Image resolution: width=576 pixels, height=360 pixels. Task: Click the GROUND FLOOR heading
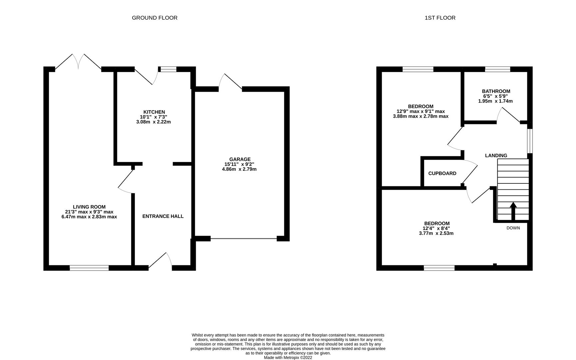pos(155,18)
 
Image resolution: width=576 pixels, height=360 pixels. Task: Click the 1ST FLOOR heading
pos(440,18)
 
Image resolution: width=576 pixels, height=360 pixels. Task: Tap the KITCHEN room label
pos(154,112)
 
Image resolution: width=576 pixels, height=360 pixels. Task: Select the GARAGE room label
pos(240,159)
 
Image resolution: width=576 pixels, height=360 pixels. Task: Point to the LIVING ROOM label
pos(89,207)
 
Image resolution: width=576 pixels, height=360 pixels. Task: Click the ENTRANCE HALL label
pos(163,216)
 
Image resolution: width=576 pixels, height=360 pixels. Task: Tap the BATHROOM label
pos(496,91)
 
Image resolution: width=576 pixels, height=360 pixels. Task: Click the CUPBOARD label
pos(442,173)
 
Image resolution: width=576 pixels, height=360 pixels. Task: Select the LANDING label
pos(496,156)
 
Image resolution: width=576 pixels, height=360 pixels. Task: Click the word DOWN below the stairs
pos(513,228)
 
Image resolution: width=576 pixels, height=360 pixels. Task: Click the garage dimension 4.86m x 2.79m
pos(239,169)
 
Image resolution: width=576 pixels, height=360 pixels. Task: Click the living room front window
pos(89,268)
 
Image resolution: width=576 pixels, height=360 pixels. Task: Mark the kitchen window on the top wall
pos(168,69)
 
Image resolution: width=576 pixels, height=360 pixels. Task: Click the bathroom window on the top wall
pos(497,69)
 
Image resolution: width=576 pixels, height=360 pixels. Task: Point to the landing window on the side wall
pos(530,141)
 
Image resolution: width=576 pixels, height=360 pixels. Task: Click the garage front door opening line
pos(244,239)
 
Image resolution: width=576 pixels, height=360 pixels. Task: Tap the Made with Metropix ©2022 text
pos(288,358)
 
